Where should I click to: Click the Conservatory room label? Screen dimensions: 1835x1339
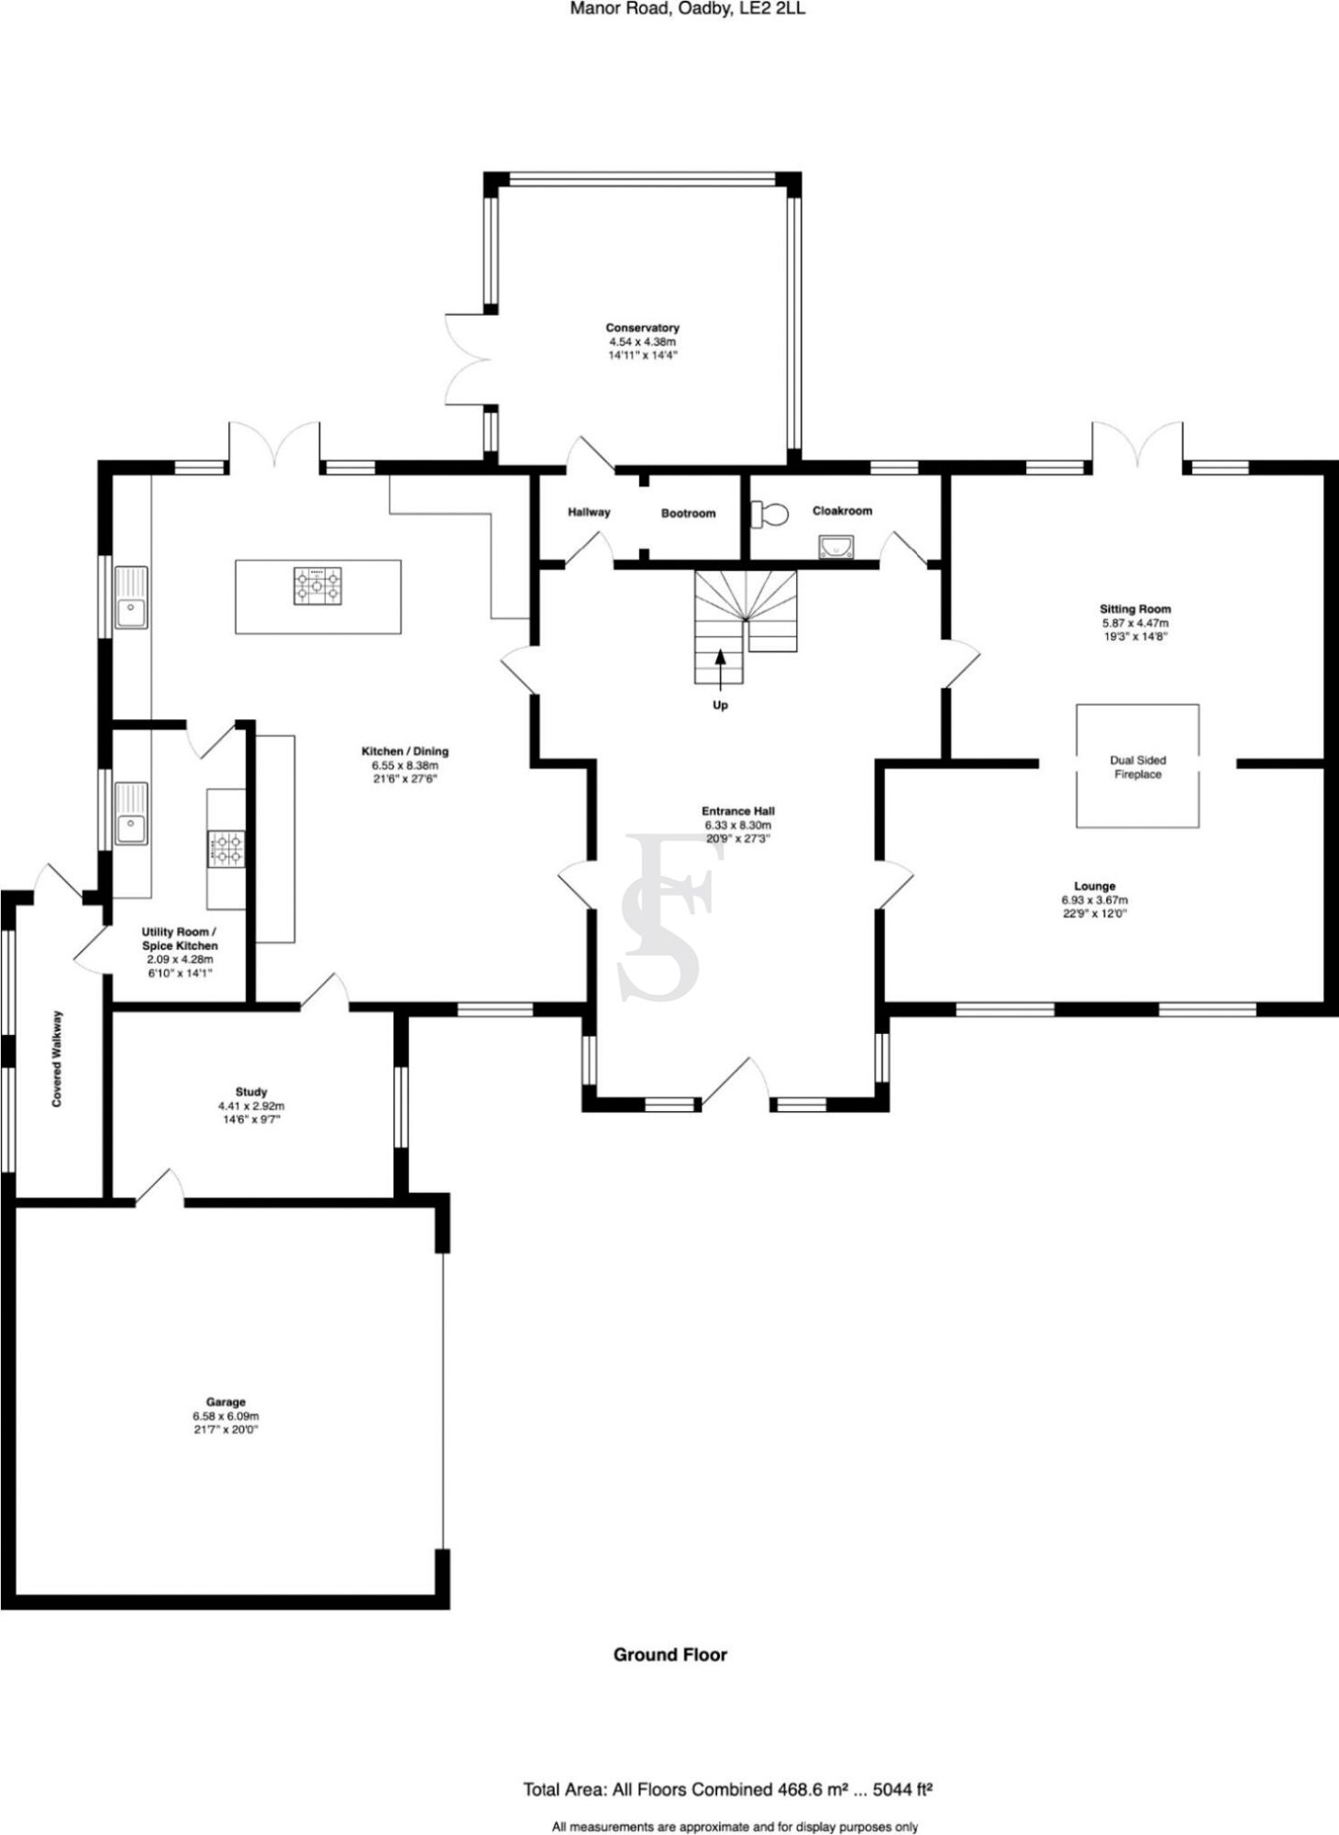click(642, 328)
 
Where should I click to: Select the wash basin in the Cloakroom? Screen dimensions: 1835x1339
click(836, 548)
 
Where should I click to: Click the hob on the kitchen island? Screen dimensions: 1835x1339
click(317, 586)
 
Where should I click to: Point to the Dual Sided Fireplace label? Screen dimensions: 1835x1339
click(1137, 767)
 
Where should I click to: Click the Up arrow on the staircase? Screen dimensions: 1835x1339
click(720, 668)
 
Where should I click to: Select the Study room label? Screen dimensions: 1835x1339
click(251, 1092)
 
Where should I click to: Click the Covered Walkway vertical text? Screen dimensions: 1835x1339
click(58, 1058)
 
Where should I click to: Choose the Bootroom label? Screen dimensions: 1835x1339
click(688, 514)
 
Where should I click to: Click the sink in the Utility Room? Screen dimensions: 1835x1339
click(131, 815)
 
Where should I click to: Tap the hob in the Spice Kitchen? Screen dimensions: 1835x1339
click(227, 848)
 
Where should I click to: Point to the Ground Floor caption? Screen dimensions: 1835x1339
click(669, 1654)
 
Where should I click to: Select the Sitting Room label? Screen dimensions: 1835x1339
click(1135, 609)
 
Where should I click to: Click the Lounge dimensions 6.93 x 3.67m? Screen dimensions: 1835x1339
click(1094, 900)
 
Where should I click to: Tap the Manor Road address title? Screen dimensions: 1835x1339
click(687, 9)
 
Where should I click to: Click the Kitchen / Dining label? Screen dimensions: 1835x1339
click(404, 751)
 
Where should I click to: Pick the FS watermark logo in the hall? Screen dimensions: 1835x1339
click(668, 917)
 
